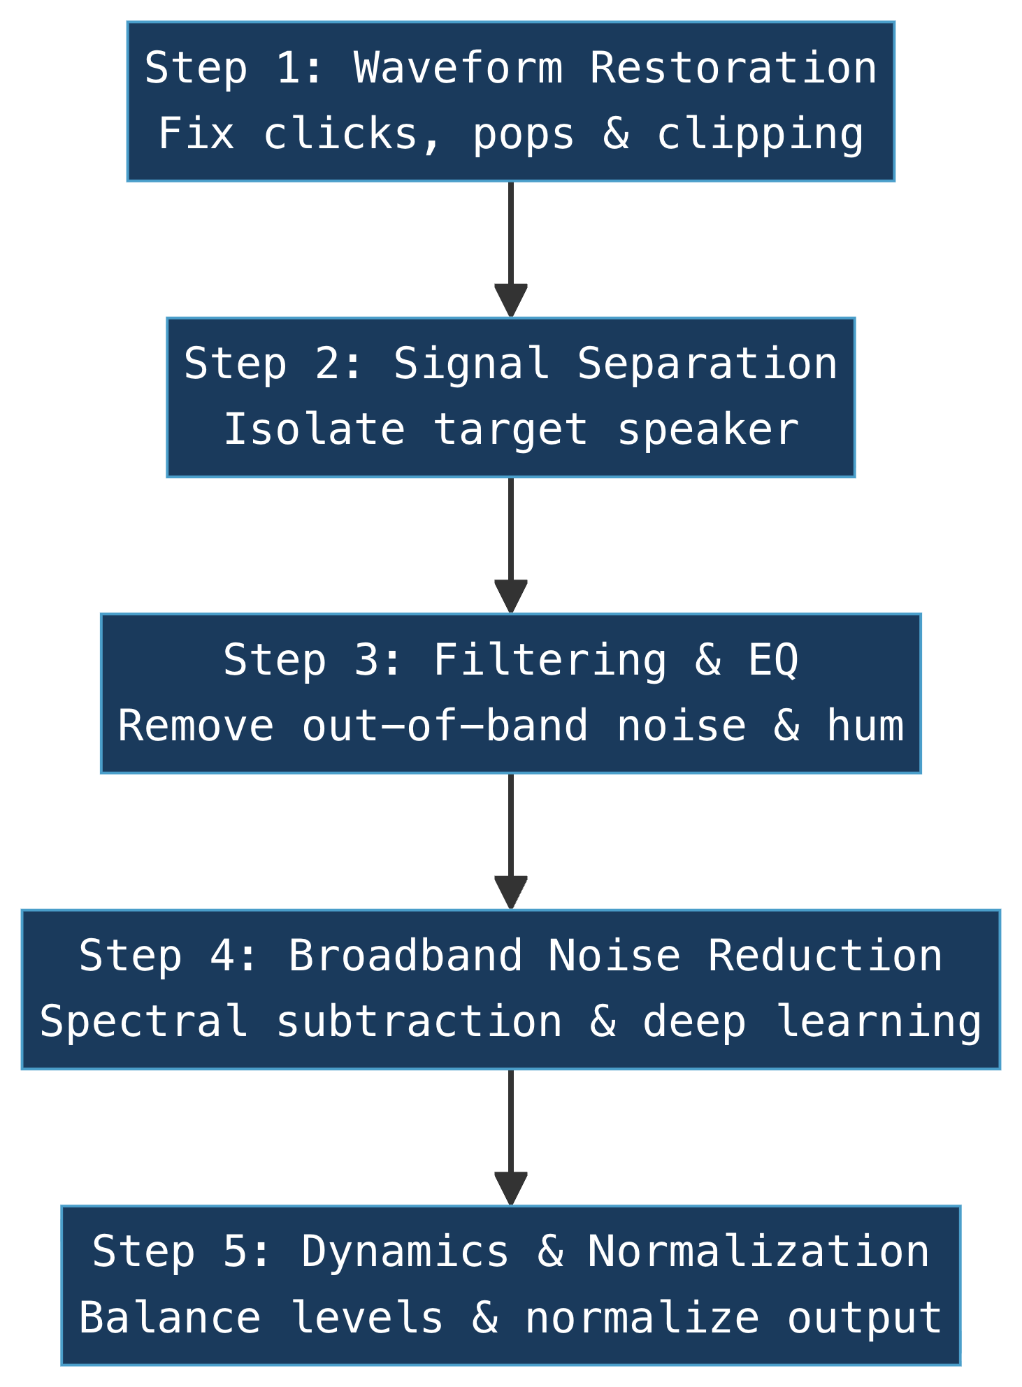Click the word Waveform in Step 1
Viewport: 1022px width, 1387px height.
pyautogui.click(x=458, y=69)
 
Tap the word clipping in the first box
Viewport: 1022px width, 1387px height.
pyautogui.click(x=760, y=134)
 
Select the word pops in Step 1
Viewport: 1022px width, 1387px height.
pyautogui.click(x=524, y=134)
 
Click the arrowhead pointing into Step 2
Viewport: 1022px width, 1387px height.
pyautogui.click(x=510, y=301)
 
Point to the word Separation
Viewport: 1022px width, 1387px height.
pyautogui.click(x=707, y=364)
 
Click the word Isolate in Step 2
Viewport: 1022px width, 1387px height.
pyautogui.click(x=314, y=429)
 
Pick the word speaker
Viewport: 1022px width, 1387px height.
pyautogui.click(x=707, y=429)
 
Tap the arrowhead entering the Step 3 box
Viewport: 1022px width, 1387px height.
pyautogui.click(x=510, y=596)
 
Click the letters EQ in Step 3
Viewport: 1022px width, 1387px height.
pyautogui.click(x=772, y=660)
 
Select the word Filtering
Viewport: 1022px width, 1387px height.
pyautogui.click(x=550, y=660)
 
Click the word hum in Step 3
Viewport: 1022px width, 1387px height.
pyautogui.click(x=865, y=726)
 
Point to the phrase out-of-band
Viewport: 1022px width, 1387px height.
pyautogui.click(x=445, y=726)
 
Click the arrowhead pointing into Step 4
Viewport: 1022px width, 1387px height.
pyautogui.click(x=510, y=893)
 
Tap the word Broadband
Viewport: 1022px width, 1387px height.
pyautogui.click(x=405, y=956)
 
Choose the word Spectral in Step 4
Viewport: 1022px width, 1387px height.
pyautogui.click(x=144, y=1021)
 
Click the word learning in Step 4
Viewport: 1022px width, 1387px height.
pyautogui.click(x=878, y=1021)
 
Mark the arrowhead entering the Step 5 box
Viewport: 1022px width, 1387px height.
pyautogui.click(x=510, y=1188)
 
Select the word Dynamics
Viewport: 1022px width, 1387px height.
pyautogui.click(x=405, y=1252)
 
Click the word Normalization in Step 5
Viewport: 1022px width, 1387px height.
pyautogui.click(x=758, y=1252)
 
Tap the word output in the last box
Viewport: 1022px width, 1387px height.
pyautogui.click(x=865, y=1318)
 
